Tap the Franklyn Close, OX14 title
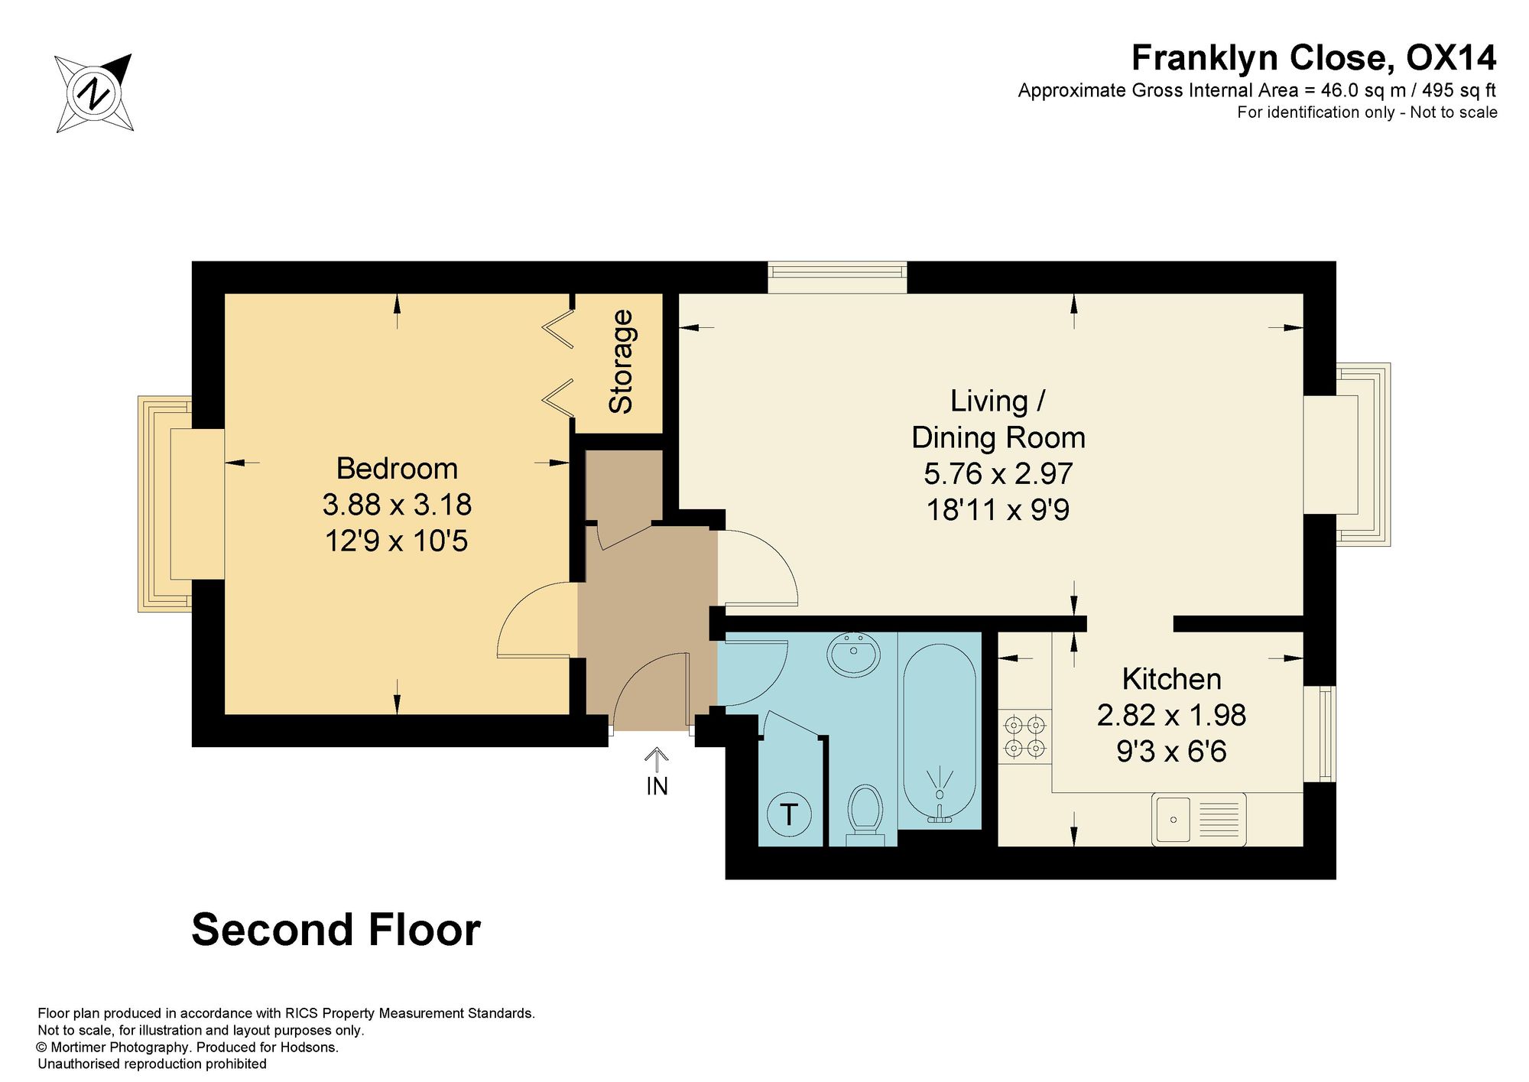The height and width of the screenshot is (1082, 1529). click(x=1313, y=57)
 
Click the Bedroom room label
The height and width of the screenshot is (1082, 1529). click(x=397, y=468)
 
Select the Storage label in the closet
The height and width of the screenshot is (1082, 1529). click(x=621, y=361)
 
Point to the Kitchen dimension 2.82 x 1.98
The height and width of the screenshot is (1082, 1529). click(x=1171, y=715)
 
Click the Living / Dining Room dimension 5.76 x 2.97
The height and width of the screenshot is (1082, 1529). click(x=998, y=473)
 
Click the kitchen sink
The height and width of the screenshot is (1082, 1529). click(x=1199, y=819)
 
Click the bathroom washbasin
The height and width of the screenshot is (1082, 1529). click(x=853, y=654)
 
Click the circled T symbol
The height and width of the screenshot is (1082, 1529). click(x=788, y=814)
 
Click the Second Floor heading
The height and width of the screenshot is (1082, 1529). click(x=336, y=929)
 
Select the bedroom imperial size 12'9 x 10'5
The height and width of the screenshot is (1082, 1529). click(x=396, y=541)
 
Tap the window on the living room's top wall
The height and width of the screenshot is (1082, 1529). click(x=838, y=278)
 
